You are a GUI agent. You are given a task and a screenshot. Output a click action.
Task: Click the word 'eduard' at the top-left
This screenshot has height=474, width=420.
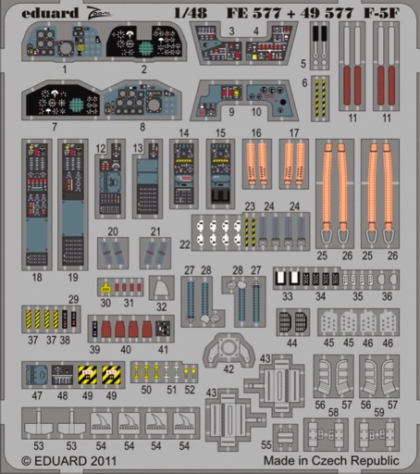click(50, 13)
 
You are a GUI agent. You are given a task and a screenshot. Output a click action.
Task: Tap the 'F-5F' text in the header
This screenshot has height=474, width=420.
click(381, 13)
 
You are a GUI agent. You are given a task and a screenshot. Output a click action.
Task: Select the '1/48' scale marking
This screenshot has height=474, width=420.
click(191, 13)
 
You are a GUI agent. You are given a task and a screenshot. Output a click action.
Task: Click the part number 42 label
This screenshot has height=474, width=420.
click(229, 369)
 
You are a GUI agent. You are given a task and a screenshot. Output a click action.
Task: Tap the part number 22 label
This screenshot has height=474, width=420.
click(185, 244)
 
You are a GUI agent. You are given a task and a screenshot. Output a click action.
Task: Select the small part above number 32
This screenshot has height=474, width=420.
click(161, 288)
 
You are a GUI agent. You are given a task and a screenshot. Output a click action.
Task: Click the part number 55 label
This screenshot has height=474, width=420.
click(266, 444)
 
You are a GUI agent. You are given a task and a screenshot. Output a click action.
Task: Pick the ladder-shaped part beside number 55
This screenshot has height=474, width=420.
click(285, 437)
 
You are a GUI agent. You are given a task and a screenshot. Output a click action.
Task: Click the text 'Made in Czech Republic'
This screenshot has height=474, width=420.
click(331, 460)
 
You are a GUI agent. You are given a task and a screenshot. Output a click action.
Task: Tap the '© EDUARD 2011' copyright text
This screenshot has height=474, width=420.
click(68, 461)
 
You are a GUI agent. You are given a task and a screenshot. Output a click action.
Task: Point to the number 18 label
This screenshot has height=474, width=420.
click(37, 277)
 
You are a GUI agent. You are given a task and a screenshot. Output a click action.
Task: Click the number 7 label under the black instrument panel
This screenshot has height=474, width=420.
click(55, 127)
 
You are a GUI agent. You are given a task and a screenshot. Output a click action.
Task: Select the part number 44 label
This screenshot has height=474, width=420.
click(291, 343)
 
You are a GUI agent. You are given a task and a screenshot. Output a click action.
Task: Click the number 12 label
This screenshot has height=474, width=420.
click(101, 148)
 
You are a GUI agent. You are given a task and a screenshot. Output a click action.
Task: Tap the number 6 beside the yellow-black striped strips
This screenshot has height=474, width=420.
click(304, 82)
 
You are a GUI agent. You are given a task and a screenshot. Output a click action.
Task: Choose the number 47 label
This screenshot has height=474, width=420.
click(37, 395)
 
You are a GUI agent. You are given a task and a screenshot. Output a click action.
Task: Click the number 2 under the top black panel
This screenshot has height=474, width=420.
click(144, 69)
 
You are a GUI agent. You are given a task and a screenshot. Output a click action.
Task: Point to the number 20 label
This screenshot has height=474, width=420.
click(113, 231)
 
